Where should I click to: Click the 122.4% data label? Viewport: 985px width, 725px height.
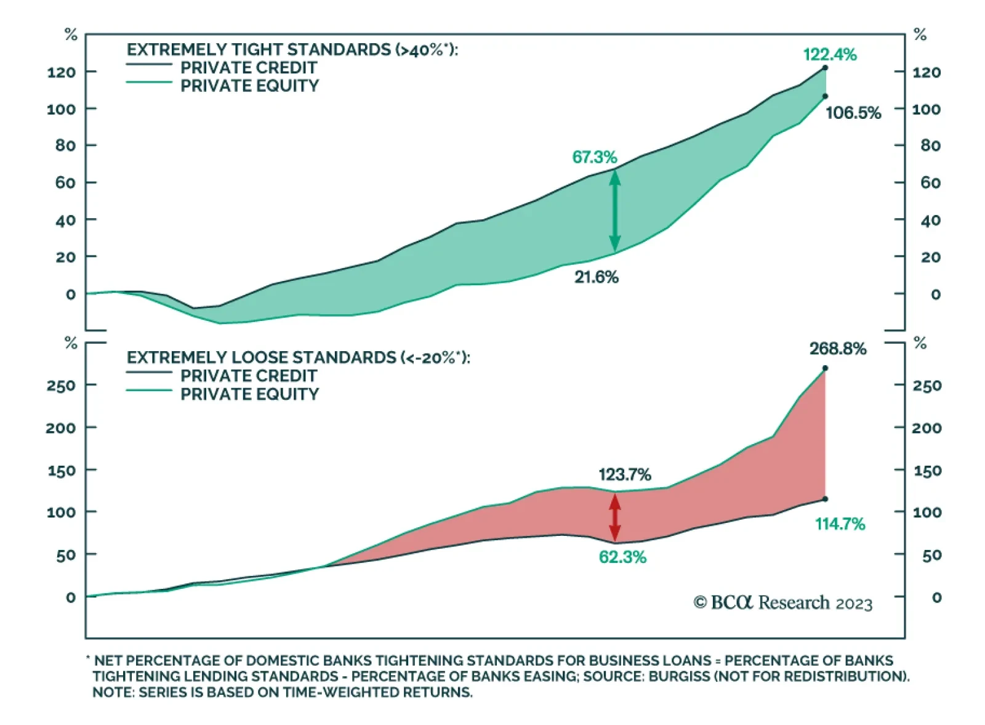point(829,55)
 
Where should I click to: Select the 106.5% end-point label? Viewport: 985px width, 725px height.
point(853,113)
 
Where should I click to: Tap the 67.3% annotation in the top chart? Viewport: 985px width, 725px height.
point(594,157)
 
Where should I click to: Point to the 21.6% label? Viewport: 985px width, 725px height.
point(596,277)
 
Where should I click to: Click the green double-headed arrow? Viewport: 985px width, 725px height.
point(614,211)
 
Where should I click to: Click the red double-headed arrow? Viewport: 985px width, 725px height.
point(614,517)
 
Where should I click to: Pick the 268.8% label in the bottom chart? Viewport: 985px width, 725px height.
point(837,349)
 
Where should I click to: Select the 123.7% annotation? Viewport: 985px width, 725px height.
point(624,474)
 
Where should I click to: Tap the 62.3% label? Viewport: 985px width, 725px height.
point(622,557)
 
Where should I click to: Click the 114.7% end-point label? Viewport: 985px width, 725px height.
point(840,524)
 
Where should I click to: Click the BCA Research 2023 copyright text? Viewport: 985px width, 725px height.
point(782,602)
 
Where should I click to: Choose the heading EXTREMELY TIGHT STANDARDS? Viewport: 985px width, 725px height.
point(292,49)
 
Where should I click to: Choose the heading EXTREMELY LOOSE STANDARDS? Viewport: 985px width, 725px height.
point(298,357)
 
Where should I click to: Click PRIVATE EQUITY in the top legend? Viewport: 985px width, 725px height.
point(249,86)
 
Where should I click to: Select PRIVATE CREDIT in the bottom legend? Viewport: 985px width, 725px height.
point(248,376)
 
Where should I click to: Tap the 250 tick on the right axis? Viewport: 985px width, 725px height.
point(927,386)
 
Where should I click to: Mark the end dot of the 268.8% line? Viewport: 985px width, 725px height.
point(825,368)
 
